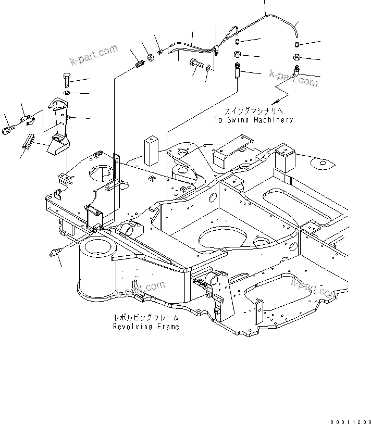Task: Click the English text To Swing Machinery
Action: coord(253,120)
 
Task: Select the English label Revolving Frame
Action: coord(146,327)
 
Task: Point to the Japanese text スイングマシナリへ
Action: coord(253,111)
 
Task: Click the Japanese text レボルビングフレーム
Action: coord(146,317)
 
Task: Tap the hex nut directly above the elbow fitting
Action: coord(295,57)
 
